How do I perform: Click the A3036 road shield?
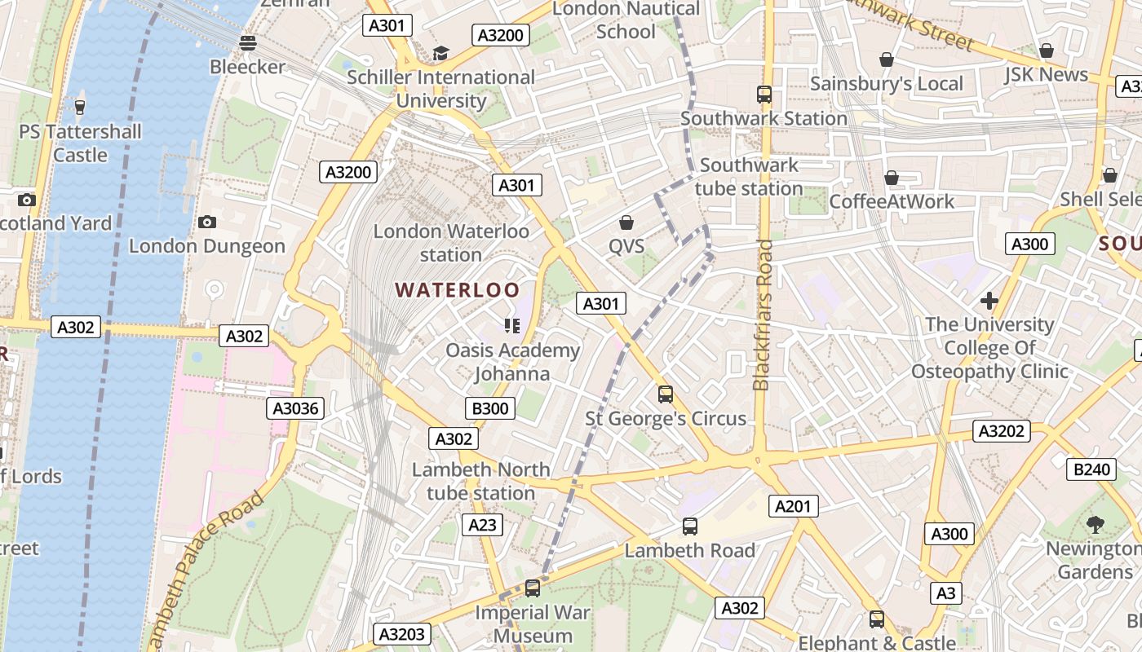295,408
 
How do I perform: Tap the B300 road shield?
490,408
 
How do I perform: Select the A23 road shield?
481,525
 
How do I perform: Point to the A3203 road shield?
401,634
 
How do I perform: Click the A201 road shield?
792,506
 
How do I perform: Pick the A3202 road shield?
1002,431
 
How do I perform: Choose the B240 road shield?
1091,469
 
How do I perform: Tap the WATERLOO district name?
457,290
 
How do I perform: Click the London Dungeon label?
207,246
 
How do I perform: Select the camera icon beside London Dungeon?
207,222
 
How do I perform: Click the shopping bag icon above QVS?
626,222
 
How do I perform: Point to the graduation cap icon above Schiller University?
440,54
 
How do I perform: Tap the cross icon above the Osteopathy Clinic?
989,301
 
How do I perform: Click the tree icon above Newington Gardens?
1095,525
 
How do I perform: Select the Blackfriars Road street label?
762,315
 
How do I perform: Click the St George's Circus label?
666,419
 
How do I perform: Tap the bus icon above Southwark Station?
764,95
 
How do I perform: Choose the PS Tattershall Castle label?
80,143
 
